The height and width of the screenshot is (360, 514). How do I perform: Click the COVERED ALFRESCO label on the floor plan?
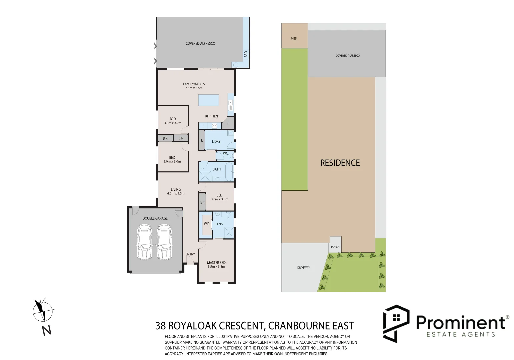(200, 43)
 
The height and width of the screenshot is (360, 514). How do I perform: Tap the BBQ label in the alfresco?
(246, 54)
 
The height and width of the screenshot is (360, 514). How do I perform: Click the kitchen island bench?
(209, 100)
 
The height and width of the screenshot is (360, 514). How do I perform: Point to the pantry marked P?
(228, 124)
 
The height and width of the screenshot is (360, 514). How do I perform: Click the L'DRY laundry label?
(216, 141)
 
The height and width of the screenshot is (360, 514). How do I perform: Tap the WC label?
(225, 154)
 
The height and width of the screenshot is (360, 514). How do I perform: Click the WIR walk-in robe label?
(207, 224)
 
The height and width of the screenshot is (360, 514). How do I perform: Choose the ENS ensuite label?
(220, 224)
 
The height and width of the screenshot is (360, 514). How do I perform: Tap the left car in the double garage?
(144, 242)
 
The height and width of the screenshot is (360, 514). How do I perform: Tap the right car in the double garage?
(164, 242)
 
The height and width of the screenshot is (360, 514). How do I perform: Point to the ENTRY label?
(190, 254)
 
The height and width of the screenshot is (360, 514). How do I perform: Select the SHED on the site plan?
(294, 36)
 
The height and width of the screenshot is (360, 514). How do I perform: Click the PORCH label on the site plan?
(335, 247)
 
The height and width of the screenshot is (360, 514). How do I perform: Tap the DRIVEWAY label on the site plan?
(303, 267)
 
